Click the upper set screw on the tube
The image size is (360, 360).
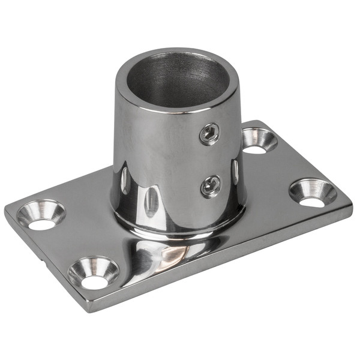(x=209, y=134)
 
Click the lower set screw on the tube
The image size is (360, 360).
(x=211, y=185)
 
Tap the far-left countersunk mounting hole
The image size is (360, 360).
(x=40, y=214)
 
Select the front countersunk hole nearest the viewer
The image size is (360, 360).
(x=93, y=272)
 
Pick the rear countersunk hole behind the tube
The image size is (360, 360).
(x=259, y=140)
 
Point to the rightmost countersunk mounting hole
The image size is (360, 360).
(x=313, y=192)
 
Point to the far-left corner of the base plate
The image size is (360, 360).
(x=7, y=211)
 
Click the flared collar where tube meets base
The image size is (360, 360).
(x=180, y=231)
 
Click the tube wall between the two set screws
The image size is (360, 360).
(x=210, y=160)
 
